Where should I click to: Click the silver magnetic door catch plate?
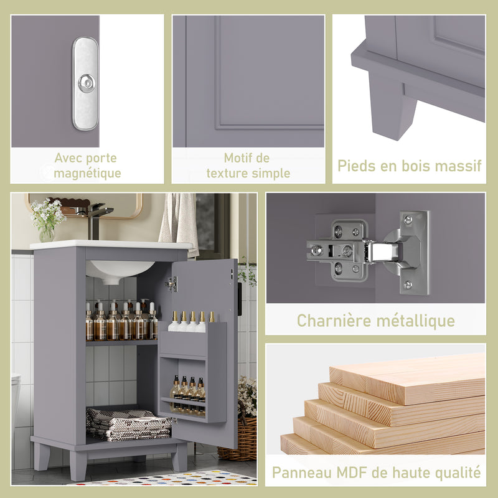click(85, 83)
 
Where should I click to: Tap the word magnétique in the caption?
click(87, 173)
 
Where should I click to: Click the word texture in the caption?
click(228, 173)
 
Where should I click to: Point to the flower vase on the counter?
click(47, 233)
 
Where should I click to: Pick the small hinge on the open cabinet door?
click(172, 284)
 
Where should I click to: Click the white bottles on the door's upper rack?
click(190, 322)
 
